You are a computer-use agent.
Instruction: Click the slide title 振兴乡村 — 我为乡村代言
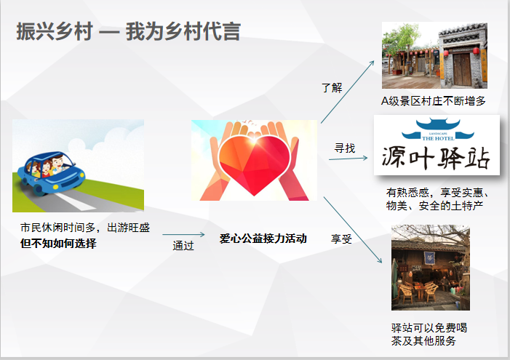(x=129, y=31)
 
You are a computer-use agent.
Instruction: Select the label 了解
(x=332, y=87)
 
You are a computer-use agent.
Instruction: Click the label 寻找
(x=345, y=148)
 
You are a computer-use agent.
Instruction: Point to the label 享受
(x=341, y=239)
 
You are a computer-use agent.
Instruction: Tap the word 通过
(x=183, y=245)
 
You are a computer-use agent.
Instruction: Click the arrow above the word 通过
(x=183, y=234)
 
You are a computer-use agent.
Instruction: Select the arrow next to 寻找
(x=348, y=159)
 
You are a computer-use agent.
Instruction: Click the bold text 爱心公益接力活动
(x=263, y=239)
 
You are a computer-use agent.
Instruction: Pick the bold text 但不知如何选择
(x=58, y=243)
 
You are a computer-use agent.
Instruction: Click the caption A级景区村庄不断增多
(x=433, y=101)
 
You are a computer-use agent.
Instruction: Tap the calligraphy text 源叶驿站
(x=436, y=158)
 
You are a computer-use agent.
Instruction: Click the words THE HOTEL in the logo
(x=438, y=138)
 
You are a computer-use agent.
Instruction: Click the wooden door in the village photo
(x=462, y=69)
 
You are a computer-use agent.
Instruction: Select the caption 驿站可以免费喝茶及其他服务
(x=429, y=335)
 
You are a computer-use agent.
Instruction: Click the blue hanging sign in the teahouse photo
(x=429, y=257)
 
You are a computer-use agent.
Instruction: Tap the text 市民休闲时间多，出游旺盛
(x=85, y=228)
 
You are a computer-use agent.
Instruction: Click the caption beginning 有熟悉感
(x=437, y=199)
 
